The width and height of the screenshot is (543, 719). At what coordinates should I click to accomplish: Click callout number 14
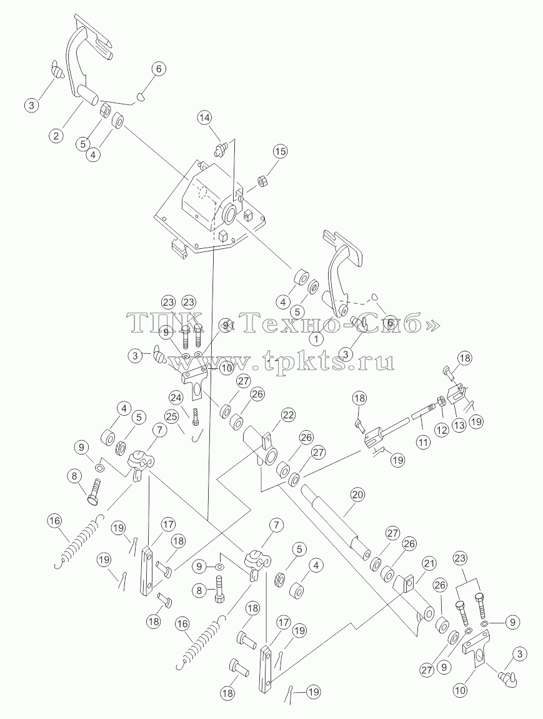pos(206,118)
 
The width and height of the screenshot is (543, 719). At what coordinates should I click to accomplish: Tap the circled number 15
pos(281,151)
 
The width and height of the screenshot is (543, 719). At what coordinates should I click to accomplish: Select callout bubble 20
pos(359,496)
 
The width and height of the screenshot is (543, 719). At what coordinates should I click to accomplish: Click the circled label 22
pos(288,416)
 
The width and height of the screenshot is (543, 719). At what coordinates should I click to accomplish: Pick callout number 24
pos(174,396)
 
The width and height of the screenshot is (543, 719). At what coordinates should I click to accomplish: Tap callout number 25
pos(172,418)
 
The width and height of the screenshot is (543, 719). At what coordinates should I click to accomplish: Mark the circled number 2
pos(57,135)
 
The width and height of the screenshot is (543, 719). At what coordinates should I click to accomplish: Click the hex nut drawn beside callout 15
pos(262,181)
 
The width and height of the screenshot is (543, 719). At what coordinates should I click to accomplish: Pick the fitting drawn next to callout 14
pos(221,149)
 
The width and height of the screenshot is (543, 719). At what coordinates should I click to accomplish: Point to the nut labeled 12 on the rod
pos(440,401)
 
